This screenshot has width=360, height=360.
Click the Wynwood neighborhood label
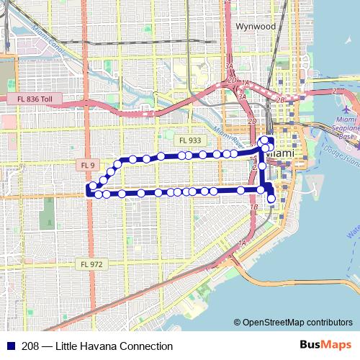point(256,26)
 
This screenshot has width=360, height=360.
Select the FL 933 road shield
point(191,140)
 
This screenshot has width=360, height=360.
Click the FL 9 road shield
point(86,166)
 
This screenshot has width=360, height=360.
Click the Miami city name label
point(280,154)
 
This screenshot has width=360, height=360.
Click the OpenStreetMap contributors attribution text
point(297,323)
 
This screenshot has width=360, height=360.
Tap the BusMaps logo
point(325,346)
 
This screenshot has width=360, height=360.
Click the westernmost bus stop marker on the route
point(91,189)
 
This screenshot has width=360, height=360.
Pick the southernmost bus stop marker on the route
point(271,199)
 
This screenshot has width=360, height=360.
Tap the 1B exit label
point(253,207)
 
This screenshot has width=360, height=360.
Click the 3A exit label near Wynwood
point(230,66)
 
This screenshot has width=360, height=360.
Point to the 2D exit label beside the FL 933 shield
point(252,122)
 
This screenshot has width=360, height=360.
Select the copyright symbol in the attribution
point(238,323)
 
